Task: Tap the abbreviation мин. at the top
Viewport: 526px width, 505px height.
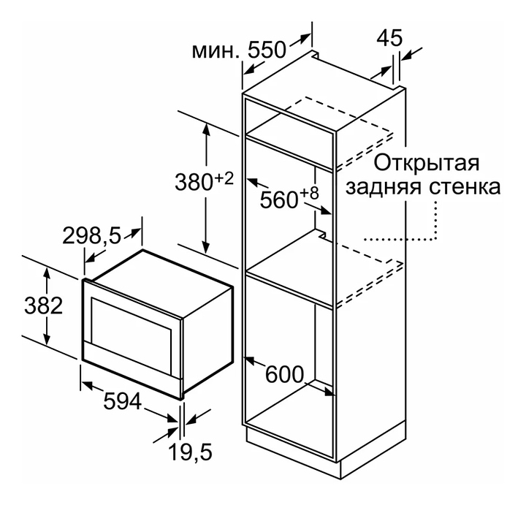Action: pos(216,51)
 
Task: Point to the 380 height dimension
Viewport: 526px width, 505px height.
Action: pos(193,182)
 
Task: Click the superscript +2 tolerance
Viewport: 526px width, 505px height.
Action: pos(223,178)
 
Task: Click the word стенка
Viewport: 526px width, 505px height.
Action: pos(464,187)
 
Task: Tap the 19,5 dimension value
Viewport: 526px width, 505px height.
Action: pos(191,453)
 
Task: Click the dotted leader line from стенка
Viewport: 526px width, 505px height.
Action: pos(436,219)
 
